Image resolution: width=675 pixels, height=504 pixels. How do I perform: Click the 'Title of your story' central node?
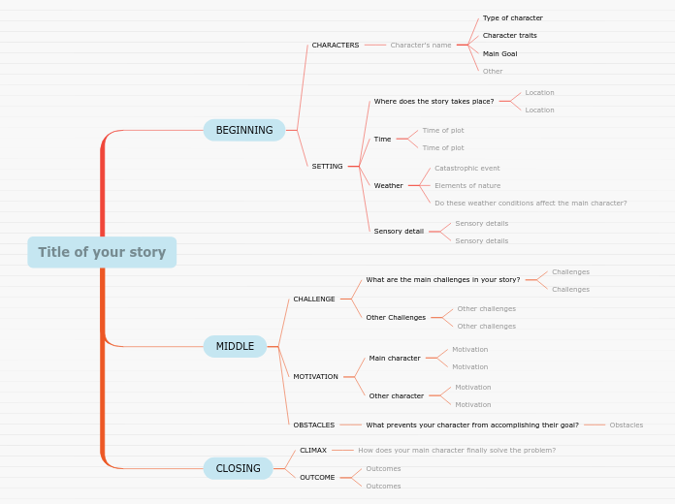[102, 252]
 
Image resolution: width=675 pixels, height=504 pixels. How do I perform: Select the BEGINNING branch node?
[244, 130]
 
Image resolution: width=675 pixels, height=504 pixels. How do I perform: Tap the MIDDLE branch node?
[235, 346]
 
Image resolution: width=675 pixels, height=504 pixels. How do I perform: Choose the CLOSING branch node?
[238, 468]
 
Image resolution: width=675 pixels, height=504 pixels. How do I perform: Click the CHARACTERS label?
[336, 45]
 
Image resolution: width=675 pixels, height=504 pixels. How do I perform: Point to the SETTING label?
[328, 166]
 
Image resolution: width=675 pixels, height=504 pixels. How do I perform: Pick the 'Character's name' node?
[421, 45]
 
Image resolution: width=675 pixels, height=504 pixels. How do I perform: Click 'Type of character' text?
[513, 17]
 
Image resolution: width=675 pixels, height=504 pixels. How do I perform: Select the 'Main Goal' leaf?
[500, 53]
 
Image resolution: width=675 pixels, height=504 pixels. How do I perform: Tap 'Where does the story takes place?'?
[434, 101]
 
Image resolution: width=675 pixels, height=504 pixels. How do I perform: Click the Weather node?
[389, 185]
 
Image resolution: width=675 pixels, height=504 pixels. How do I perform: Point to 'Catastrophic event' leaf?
[467, 168]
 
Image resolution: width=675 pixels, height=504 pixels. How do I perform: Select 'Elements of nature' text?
[467, 185]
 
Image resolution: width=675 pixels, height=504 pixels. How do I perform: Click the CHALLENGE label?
[314, 299]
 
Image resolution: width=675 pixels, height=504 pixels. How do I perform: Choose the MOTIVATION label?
[316, 376]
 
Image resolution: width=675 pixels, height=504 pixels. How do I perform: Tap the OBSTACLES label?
[314, 425]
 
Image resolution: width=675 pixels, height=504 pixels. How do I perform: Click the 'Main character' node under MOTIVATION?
[395, 358]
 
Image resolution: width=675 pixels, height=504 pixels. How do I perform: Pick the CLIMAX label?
[313, 450]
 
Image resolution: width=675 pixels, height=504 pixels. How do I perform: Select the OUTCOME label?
[317, 477]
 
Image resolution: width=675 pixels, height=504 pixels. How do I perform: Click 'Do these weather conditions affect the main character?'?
[530, 203]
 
